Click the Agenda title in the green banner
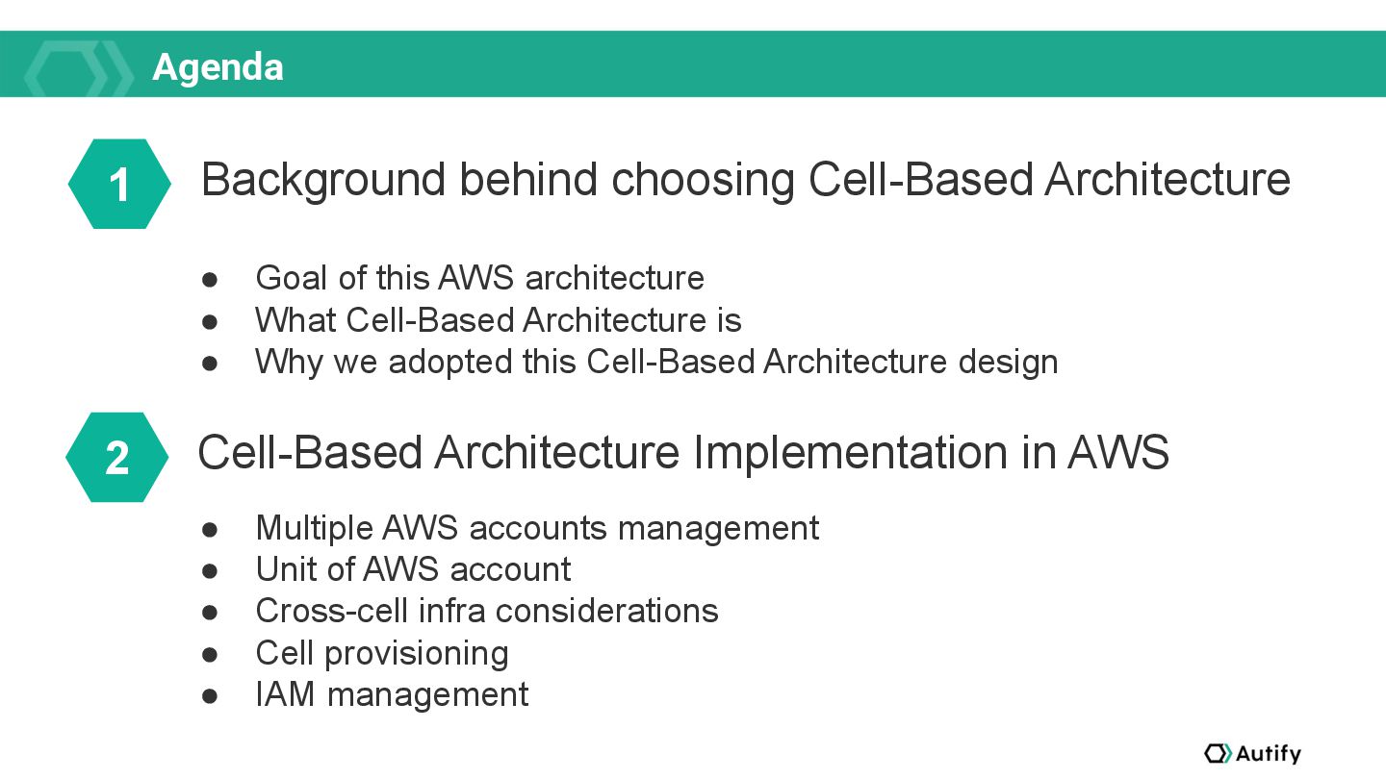click(218, 67)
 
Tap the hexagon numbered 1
click(119, 184)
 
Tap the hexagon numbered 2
click(117, 457)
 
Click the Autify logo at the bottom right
click(1252, 753)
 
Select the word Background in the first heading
click(323, 180)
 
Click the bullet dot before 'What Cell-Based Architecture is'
click(210, 321)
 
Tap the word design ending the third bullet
click(1008, 362)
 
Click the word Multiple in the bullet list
click(315, 529)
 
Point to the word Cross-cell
click(332, 611)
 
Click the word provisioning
click(417, 654)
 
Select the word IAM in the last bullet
click(285, 694)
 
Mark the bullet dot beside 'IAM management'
click(210, 696)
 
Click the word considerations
click(607, 611)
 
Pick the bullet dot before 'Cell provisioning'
click(210, 654)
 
